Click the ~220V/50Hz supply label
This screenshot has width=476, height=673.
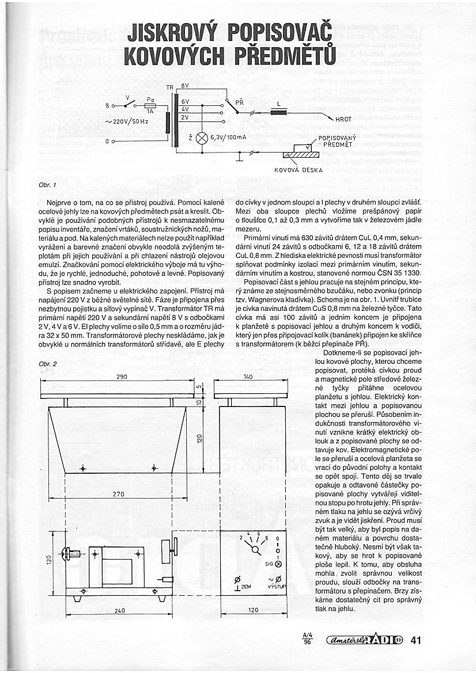[127, 121]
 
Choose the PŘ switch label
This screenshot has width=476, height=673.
[239, 101]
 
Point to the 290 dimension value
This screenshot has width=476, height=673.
[122, 377]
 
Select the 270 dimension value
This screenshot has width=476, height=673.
[118, 493]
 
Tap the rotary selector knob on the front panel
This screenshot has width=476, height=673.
[256, 549]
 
